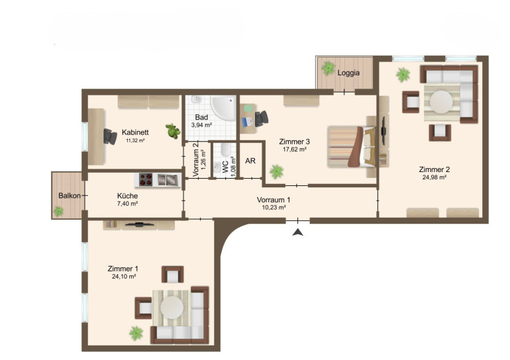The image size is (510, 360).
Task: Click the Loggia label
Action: point(348,73)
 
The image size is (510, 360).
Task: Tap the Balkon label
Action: point(70,196)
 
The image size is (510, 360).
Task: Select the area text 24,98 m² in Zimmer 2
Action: point(434,177)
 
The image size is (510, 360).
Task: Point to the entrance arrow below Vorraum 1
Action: point(297,232)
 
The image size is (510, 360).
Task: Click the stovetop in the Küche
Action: point(146,180)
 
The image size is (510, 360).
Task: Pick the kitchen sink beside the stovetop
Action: point(168,180)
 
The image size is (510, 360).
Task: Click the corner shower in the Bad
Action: point(224,108)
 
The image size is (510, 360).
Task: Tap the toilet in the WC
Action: point(225,150)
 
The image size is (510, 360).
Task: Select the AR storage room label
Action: point(250,161)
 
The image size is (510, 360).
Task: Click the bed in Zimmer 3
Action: point(352,146)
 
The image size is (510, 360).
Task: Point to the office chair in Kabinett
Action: point(110,136)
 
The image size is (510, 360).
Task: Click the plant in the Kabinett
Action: point(173,131)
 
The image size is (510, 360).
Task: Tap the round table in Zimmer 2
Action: point(441,102)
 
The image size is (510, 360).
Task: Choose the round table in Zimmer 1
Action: point(172,307)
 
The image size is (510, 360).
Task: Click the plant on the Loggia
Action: point(328,68)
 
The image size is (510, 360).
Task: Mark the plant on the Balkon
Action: point(58,212)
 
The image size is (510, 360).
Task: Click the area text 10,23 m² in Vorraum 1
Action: point(274,207)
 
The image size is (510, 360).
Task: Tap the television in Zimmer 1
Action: point(140,224)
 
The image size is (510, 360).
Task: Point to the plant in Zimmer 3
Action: point(276,171)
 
